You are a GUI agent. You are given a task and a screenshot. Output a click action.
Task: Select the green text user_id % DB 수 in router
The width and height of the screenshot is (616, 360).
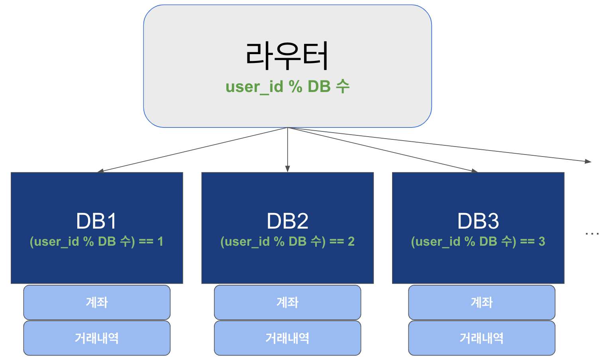pyautogui.click(x=287, y=86)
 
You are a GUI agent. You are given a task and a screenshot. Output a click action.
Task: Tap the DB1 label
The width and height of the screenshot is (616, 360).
pyautogui.click(x=96, y=221)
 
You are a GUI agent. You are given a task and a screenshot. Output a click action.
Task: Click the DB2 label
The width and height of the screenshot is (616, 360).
pyautogui.click(x=287, y=221)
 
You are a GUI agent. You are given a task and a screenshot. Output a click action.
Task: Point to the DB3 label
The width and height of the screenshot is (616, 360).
pyautogui.click(x=478, y=221)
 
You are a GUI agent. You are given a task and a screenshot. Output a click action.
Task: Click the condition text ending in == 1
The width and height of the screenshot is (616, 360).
pyautogui.click(x=96, y=241)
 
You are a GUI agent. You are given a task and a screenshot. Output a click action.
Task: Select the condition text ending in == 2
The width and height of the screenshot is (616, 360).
pyautogui.click(x=287, y=241)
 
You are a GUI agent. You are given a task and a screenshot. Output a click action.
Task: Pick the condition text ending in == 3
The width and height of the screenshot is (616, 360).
pyautogui.click(x=478, y=241)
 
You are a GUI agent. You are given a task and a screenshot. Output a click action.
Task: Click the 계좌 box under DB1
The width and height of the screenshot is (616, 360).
pyautogui.click(x=97, y=302)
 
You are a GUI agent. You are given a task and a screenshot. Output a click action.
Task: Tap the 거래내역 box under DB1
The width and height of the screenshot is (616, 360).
pyautogui.click(x=97, y=338)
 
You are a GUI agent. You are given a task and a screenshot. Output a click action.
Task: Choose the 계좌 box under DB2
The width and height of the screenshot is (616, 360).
pyautogui.click(x=287, y=302)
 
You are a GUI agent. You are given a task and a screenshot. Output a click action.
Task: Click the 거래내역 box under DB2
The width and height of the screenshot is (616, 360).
pyautogui.click(x=287, y=338)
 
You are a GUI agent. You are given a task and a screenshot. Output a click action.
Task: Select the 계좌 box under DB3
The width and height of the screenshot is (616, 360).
pyautogui.click(x=481, y=302)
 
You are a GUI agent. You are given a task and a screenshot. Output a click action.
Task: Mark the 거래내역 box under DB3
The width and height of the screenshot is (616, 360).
pyautogui.click(x=481, y=338)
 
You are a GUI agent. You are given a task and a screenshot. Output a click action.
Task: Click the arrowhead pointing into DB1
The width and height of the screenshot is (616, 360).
pyautogui.click(x=100, y=171)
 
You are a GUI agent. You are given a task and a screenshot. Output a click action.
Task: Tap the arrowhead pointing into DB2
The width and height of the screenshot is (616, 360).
pyautogui.click(x=287, y=169)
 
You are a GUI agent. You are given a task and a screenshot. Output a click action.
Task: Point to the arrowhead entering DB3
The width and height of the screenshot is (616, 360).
pyautogui.click(x=474, y=171)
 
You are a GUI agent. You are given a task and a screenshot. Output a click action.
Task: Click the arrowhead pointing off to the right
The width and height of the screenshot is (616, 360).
pyautogui.click(x=588, y=161)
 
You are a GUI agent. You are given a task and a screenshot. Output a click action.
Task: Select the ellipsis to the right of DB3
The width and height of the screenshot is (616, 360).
pyautogui.click(x=592, y=234)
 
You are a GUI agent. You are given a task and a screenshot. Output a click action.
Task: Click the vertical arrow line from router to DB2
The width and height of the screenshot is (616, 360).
pyautogui.click(x=287, y=147)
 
